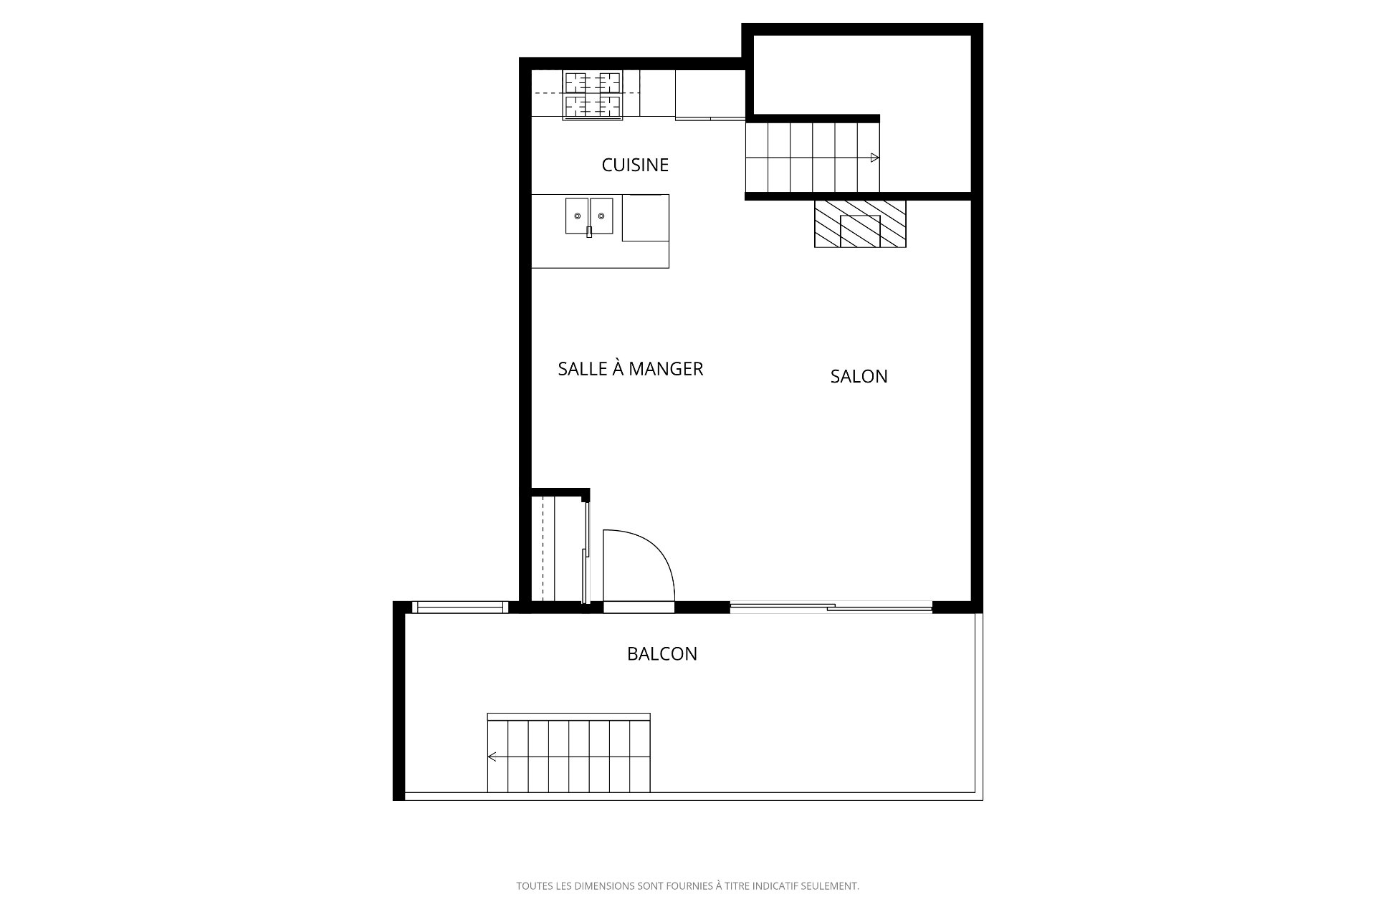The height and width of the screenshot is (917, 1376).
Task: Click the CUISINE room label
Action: coord(635,165)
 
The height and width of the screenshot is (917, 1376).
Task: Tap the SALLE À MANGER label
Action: coord(631,369)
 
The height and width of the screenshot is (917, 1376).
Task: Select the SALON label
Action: coord(859,376)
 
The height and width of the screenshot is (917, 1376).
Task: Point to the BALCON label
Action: coord(662,653)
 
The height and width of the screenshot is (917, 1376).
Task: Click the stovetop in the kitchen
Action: coord(592,95)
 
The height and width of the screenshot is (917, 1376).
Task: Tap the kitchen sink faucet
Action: coord(589,231)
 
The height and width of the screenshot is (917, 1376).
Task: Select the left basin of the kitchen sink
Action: coord(577,216)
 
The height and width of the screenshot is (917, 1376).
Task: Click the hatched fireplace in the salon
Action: coord(860,224)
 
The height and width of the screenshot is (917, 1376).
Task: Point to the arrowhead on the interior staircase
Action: coord(875,158)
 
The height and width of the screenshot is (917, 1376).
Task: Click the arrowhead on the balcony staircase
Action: coord(492,757)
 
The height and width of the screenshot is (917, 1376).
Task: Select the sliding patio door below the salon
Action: coord(831,608)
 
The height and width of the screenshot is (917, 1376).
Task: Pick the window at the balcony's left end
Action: coord(459,608)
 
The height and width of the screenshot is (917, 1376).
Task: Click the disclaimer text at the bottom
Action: coord(688,886)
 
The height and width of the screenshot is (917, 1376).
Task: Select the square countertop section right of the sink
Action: coord(646,218)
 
